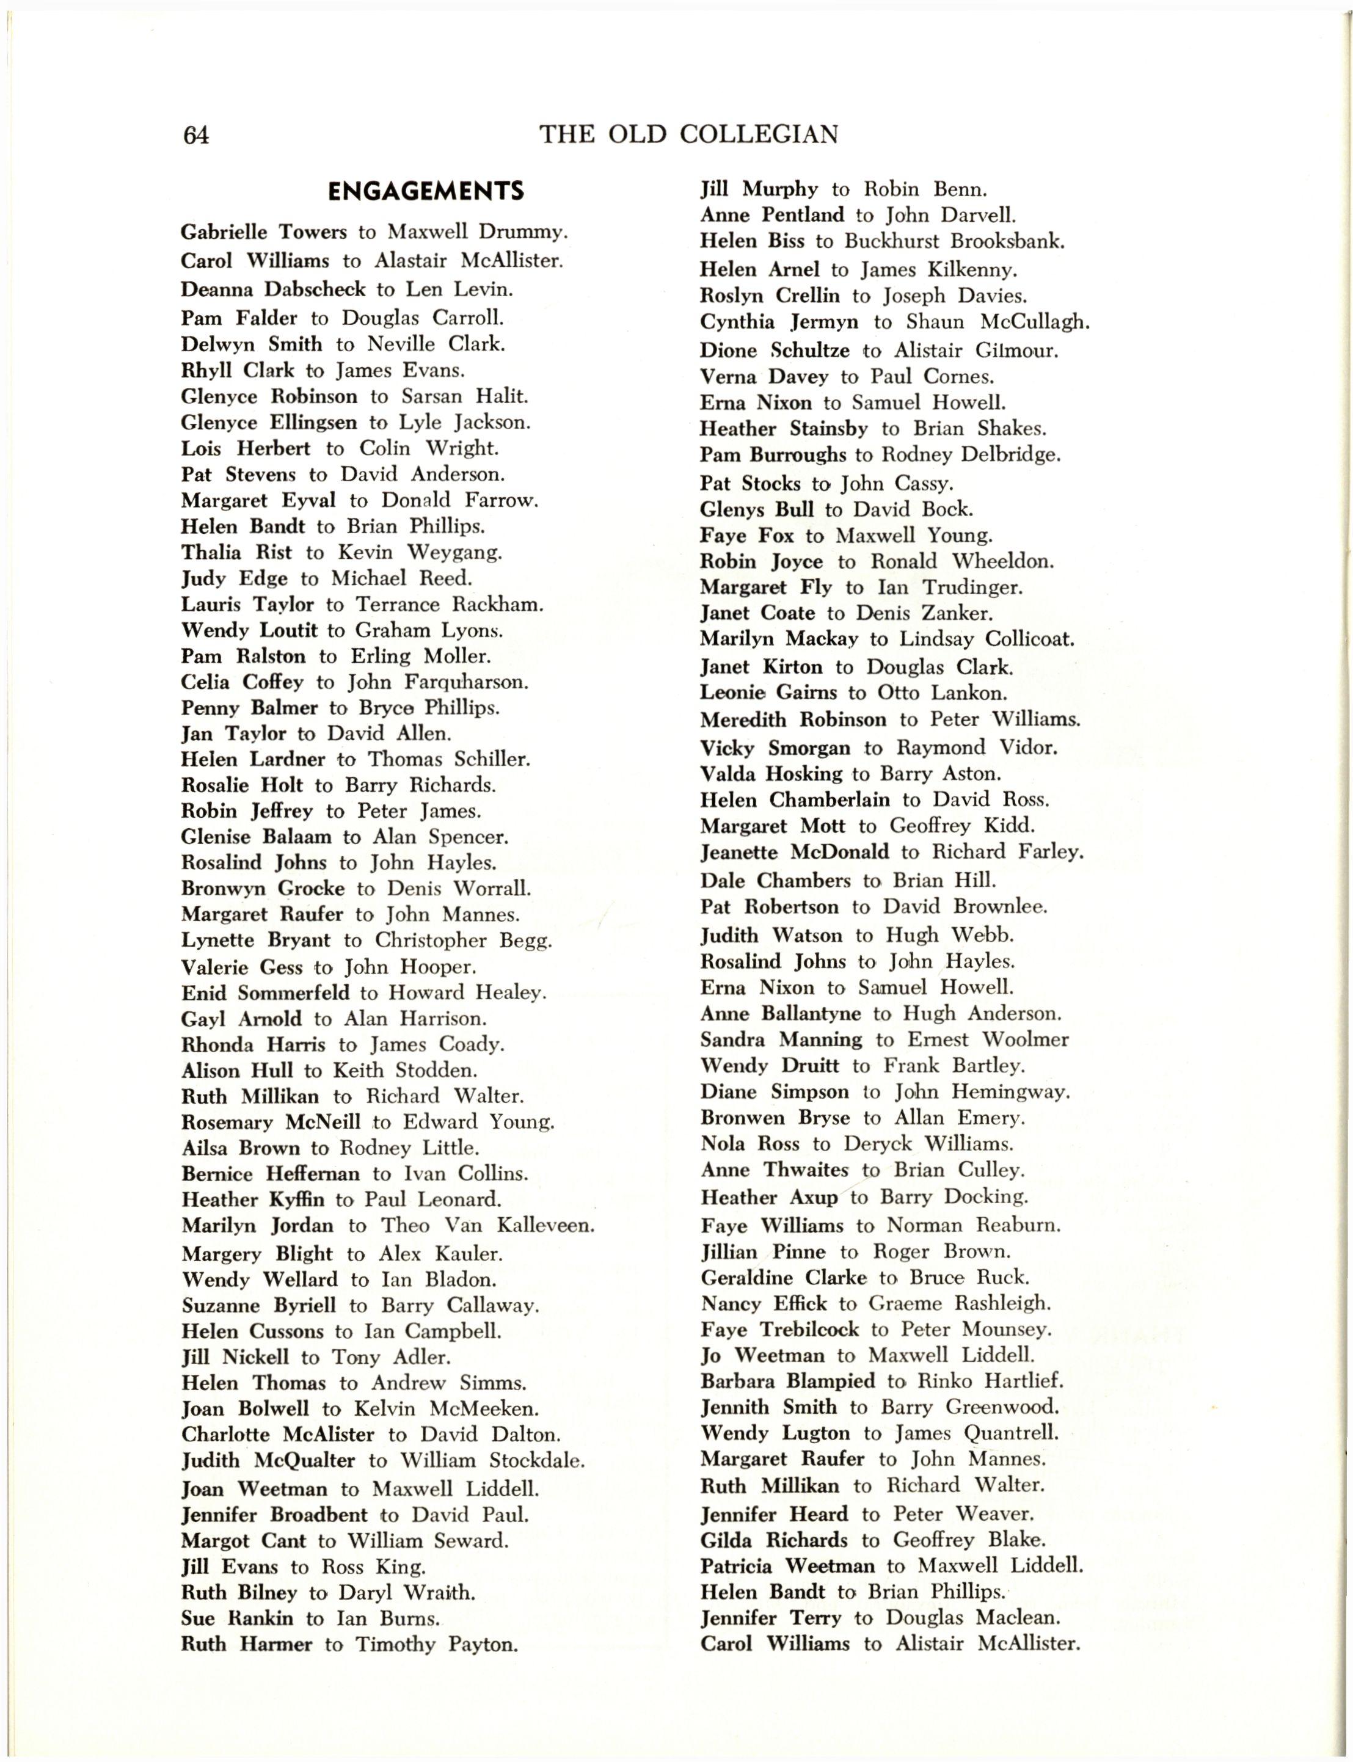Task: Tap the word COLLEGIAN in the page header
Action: click(758, 134)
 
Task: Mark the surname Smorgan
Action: click(809, 748)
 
